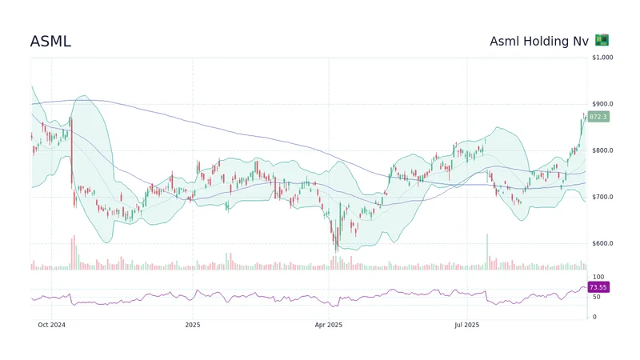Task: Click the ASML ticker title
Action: point(50,42)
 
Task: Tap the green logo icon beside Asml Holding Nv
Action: point(602,40)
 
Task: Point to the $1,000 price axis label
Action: point(602,58)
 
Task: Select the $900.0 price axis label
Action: point(602,104)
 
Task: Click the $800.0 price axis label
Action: point(602,150)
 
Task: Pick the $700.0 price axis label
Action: point(602,197)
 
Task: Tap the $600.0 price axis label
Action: point(602,243)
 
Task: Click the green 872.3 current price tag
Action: point(598,117)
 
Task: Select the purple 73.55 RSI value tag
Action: point(598,286)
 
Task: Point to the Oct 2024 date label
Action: point(51,325)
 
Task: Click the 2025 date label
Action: point(192,325)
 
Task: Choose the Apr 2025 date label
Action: point(328,325)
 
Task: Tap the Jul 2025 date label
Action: point(466,325)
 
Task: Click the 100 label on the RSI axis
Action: point(597,277)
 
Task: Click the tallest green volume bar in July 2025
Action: point(486,252)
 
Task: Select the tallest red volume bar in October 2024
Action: point(73,253)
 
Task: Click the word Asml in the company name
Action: point(505,42)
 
